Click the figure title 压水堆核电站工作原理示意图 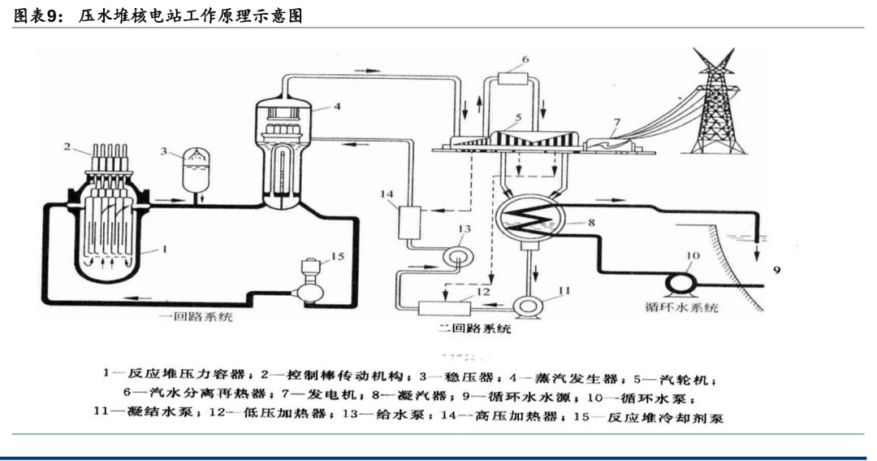click(x=190, y=15)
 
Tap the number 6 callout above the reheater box click(x=525, y=59)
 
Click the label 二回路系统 click(x=474, y=329)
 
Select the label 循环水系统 click(x=681, y=308)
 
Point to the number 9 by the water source click(x=776, y=270)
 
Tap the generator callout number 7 click(x=616, y=123)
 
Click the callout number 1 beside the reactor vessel click(x=165, y=250)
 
